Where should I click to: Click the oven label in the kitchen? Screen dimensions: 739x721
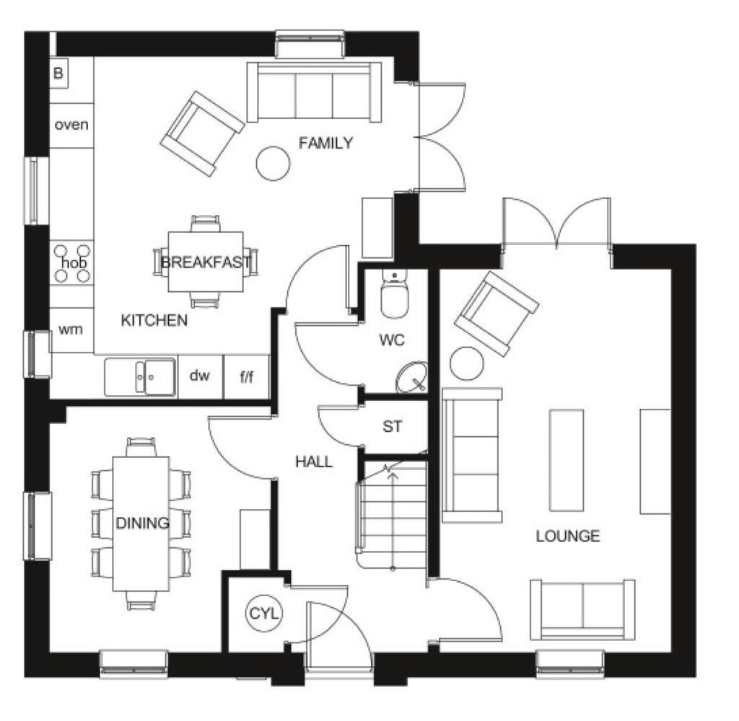(71, 125)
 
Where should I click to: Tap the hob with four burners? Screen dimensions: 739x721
(72, 262)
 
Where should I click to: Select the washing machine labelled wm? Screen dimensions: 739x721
(71, 329)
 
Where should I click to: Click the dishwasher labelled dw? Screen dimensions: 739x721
(199, 376)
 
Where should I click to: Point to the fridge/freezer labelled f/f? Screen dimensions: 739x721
(247, 376)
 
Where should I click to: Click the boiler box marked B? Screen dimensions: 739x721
(58, 73)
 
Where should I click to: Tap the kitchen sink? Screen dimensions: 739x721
(141, 377)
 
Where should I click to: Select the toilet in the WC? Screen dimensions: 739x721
(395, 293)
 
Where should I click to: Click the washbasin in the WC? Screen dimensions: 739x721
(412, 377)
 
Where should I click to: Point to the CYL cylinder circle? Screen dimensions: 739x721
(264, 613)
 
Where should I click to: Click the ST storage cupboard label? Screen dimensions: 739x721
(392, 427)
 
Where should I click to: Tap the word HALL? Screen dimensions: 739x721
(314, 461)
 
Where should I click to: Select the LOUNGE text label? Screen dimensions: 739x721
(568, 536)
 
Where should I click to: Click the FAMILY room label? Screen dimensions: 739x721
(325, 143)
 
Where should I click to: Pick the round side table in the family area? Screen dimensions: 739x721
(273, 164)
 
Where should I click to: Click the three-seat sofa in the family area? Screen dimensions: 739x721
(315, 92)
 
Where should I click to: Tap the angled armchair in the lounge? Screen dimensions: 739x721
(497, 314)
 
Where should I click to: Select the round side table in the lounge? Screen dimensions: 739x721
(467, 363)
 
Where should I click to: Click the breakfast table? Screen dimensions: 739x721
(206, 262)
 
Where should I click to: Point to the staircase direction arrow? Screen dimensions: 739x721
(392, 518)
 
